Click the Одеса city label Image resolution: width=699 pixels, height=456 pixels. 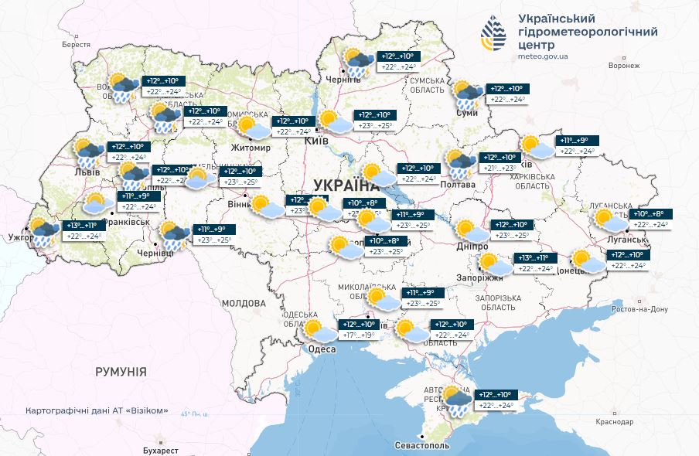(322, 349)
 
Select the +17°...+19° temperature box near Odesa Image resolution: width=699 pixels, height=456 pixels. (359, 336)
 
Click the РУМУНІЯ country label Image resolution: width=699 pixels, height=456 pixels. (121, 372)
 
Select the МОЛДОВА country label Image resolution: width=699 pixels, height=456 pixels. (245, 303)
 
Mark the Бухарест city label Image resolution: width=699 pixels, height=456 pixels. (161, 450)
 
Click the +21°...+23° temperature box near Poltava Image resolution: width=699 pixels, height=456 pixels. (500, 168)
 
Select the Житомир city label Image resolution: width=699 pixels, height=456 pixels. (251, 148)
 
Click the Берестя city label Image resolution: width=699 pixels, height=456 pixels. (77, 45)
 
